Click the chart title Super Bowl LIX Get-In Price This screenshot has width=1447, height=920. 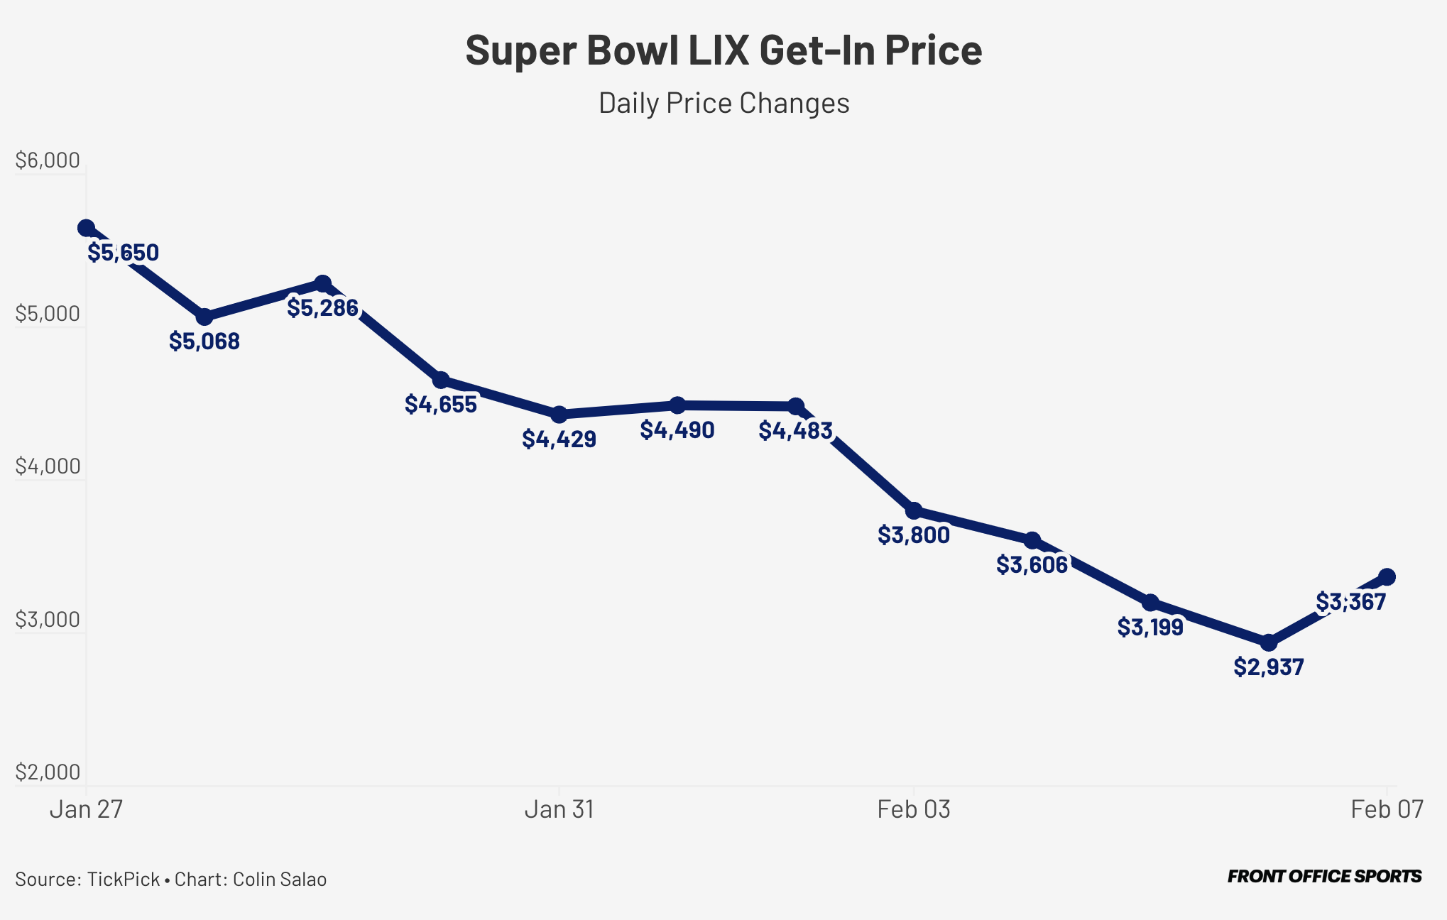coord(723,50)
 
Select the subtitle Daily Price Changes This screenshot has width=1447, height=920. coord(723,103)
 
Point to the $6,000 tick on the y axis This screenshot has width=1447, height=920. coord(48,160)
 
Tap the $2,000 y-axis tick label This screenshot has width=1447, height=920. coord(48,772)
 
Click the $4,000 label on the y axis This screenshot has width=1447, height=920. coord(48,466)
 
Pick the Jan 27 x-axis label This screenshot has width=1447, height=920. coord(86,809)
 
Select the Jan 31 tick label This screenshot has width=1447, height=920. coord(559,809)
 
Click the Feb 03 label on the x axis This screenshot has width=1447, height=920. coord(914,809)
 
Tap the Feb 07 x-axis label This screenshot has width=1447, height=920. coord(1387,809)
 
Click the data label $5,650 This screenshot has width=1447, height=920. coord(123,252)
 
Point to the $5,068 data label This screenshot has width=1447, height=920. coord(204,341)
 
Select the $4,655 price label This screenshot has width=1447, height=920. coord(441,404)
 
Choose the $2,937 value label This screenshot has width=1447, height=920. coord(1269,667)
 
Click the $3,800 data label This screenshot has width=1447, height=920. coord(914,535)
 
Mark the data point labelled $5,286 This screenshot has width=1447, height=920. coord(322,284)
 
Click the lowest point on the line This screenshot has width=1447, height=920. coord(1269,643)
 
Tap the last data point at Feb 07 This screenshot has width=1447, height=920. coord(1387,577)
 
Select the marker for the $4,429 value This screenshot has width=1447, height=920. coord(559,415)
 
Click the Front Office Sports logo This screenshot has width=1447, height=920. coord(1324,877)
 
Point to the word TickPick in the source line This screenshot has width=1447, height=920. coord(124,880)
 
